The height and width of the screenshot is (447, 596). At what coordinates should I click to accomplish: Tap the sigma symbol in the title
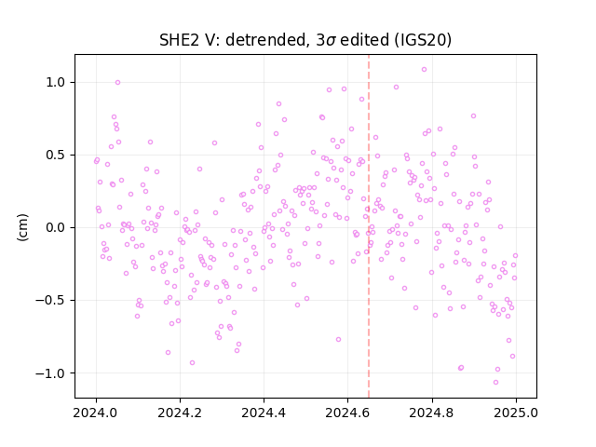click(331, 41)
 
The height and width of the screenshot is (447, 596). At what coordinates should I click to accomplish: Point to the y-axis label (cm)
click(22, 227)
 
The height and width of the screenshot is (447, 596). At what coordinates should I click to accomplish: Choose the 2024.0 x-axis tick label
click(95, 413)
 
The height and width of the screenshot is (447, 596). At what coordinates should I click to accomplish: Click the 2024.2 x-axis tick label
click(180, 413)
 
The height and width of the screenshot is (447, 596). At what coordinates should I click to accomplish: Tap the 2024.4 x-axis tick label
click(264, 413)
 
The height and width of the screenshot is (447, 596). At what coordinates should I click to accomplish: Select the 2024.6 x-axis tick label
click(347, 413)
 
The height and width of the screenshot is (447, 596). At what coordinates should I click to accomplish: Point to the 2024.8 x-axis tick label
click(431, 413)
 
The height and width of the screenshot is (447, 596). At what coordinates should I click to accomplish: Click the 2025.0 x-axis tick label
click(516, 413)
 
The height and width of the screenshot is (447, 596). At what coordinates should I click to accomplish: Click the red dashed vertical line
click(369, 226)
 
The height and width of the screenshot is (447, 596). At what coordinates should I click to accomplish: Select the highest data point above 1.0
click(425, 69)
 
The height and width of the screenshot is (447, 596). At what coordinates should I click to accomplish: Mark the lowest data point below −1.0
click(495, 382)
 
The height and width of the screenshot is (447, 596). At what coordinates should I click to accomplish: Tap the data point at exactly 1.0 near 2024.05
click(118, 82)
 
